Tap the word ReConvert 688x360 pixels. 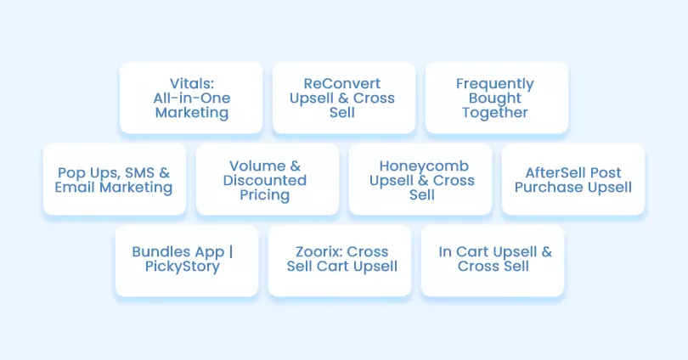(342, 83)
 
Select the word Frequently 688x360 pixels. (495, 84)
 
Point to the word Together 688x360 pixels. (495, 113)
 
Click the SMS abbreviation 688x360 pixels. (139, 172)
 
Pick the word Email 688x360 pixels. (75, 188)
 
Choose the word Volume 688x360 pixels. (257, 166)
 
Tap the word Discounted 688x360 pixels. (264, 180)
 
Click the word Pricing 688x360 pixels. (264, 195)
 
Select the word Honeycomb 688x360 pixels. (424, 166)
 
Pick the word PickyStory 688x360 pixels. (183, 267)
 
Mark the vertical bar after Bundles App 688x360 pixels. (231, 252)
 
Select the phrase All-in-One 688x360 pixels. (192, 98)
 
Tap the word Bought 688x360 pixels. (495, 98)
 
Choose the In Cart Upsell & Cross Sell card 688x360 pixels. (493, 261)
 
